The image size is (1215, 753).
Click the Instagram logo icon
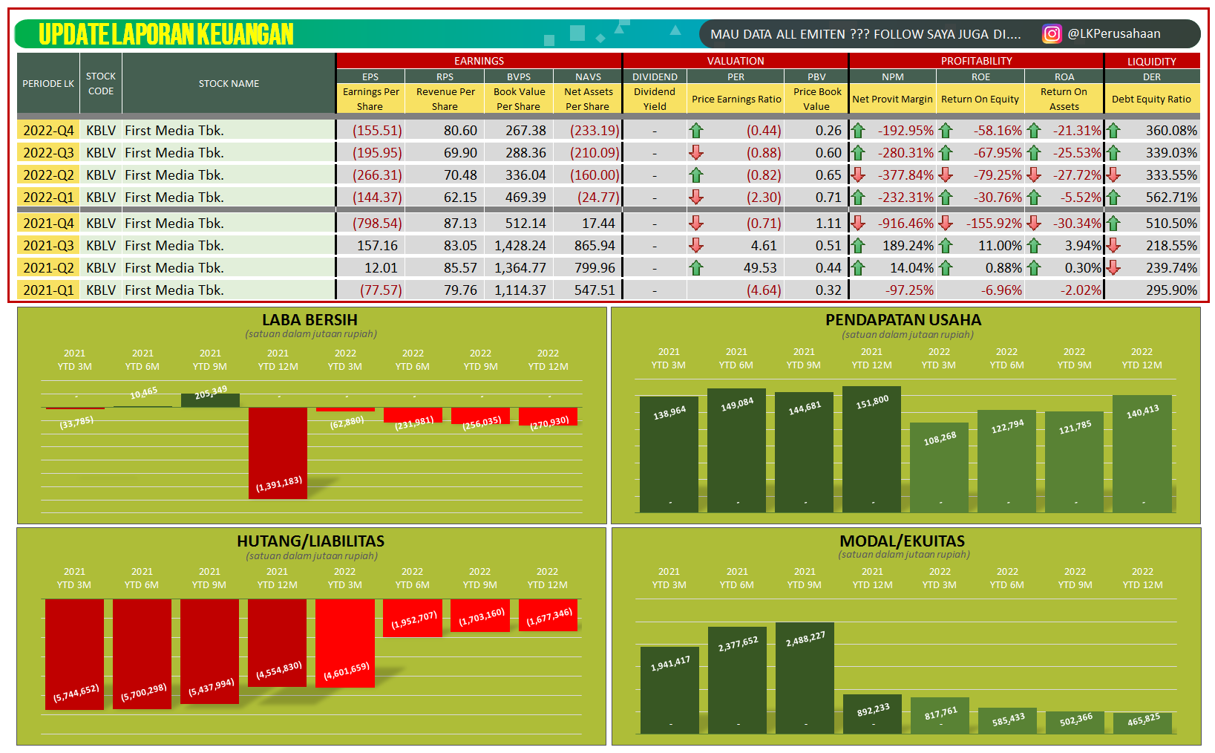click(x=1052, y=34)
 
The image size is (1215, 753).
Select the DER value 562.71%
click(x=1170, y=198)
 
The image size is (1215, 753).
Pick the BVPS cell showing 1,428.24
click(x=520, y=246)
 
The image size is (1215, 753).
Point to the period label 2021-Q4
click(x=48, y=224)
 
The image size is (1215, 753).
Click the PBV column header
click(x=816, y=76)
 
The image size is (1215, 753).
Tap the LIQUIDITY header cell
click(x=1151, y=62)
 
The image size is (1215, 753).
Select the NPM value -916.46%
click(x=905, y=224)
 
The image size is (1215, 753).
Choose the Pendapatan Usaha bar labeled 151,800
click(x=871, y=449)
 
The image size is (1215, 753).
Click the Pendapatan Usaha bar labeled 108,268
click(x=939, y=468)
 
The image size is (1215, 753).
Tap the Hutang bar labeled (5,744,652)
click(x=74, y=653)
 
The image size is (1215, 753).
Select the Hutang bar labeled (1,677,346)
click(x=548, y=615)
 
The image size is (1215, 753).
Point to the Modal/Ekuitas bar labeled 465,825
click(x=1142, y=723)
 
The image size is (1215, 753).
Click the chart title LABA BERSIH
click(x=310, y=320)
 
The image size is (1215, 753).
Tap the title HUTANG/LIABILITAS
click(x=310, y=541)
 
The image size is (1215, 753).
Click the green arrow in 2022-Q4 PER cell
click(x=695, y=131)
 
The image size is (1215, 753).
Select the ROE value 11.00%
click(x=999, y=246)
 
